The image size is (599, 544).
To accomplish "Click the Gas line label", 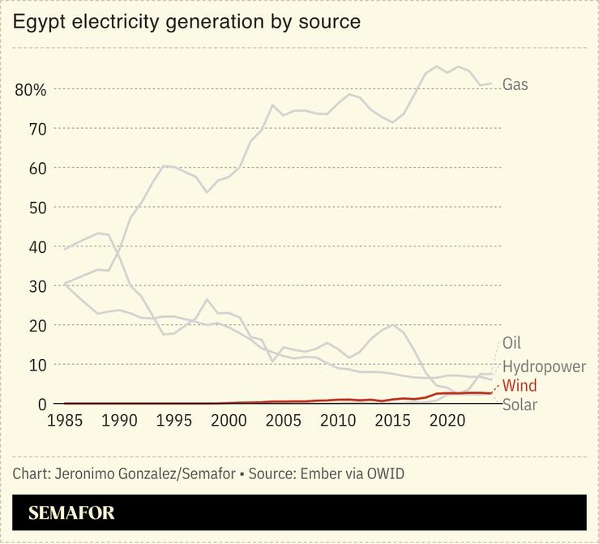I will [x=516, y=84].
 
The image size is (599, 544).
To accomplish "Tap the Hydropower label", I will [x=544, y=366].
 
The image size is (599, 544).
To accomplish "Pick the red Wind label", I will [x=520, y=386].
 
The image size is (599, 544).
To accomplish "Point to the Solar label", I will [x=520, y=405].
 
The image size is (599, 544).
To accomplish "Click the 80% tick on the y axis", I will [x=31, y=89].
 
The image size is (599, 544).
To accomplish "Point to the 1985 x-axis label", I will [x=65, y=421].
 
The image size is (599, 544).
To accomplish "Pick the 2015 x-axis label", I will [x=392, y=421].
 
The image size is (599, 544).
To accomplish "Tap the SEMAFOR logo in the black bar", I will [x=71, y=513].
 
